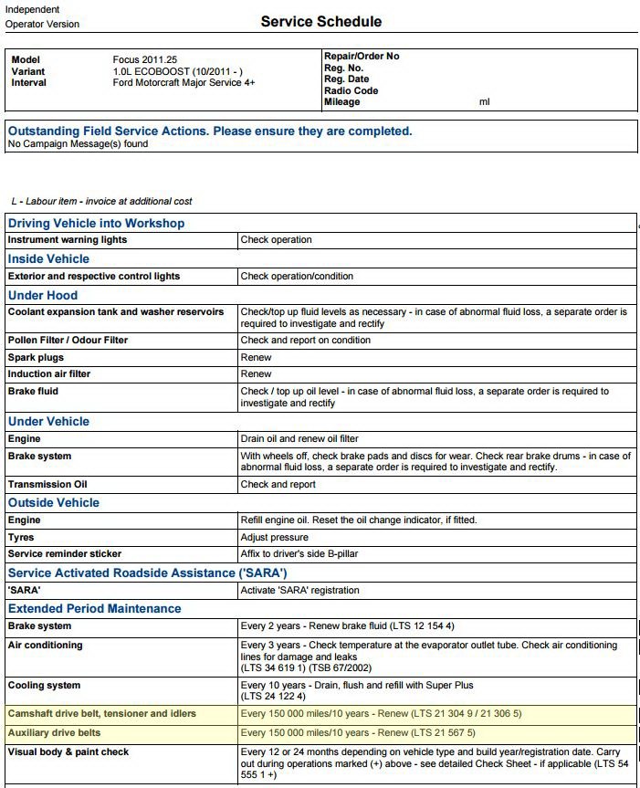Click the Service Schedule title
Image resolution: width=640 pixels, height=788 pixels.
(320, 21)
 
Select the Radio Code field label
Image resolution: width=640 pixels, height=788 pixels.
(351, 90)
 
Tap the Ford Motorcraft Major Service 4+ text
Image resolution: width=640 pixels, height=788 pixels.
(184, 82)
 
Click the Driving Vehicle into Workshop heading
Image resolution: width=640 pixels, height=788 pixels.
(96, 223)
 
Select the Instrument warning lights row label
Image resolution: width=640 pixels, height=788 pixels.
(68, 240)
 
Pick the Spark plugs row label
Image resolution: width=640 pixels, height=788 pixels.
(36, 357)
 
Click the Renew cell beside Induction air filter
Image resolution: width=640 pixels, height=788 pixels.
(256, 373)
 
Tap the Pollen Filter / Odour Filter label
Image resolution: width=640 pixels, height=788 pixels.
(68, 340)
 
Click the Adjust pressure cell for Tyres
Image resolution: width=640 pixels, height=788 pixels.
(274, 537)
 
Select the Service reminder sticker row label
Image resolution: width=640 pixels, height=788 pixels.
(64, 553)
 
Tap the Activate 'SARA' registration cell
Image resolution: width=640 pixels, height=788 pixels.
(299, 590)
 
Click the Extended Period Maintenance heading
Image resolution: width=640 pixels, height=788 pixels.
(94, 608)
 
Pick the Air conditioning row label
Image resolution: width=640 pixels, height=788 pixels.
(45, 645)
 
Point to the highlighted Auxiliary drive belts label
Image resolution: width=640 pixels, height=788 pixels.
(54, 732)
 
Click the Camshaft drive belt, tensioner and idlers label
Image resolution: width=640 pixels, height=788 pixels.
(101, 713)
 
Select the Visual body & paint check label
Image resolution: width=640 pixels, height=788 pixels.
(68, 751)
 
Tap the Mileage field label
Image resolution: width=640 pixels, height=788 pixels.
(341, 101)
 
